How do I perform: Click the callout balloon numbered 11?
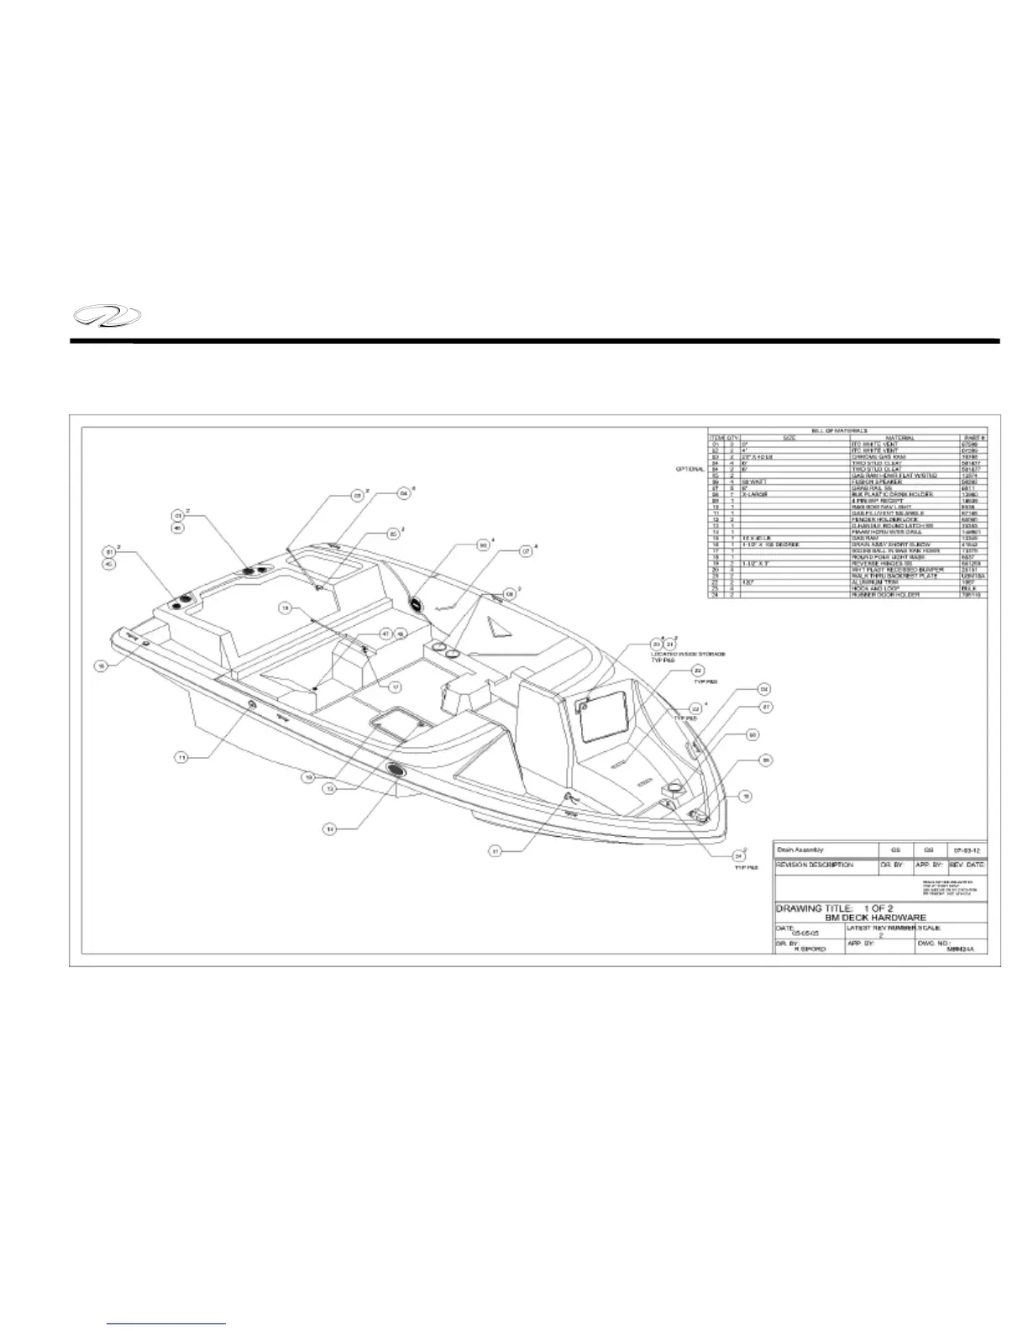click(x=181, y=757)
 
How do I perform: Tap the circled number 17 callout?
click(x=395, y=686)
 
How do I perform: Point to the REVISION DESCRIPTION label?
click(x=815, y=865)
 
